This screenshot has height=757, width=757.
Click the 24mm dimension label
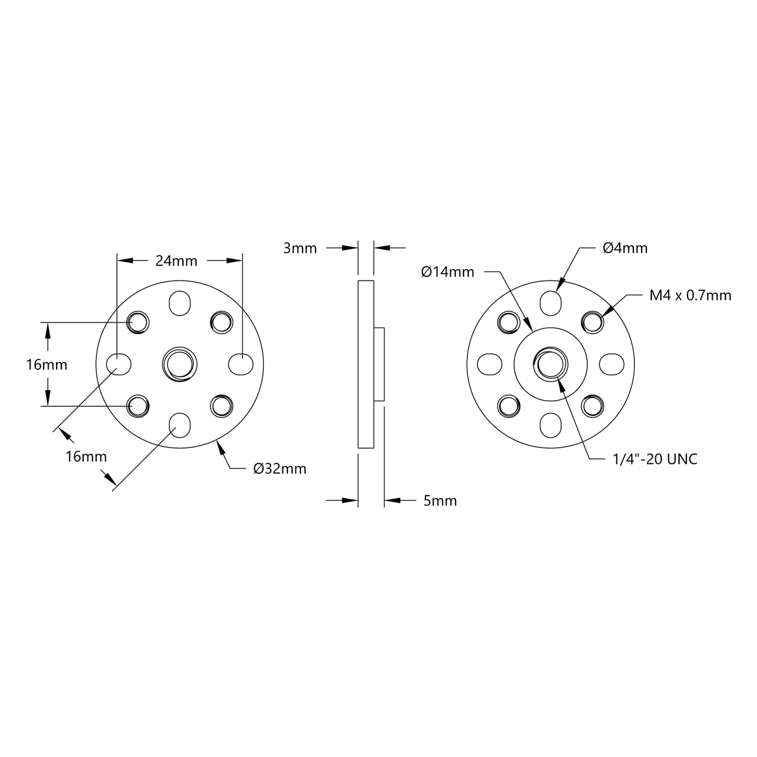coord(177,261)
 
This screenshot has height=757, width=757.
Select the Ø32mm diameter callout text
coord(280,469)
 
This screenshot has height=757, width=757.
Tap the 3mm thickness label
coord(300,248)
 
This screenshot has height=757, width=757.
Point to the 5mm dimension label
coord(440,501)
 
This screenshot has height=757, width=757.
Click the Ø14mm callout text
coord(447,272)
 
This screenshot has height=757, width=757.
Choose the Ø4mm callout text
coord(625,248)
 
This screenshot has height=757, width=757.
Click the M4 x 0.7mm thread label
coord(690,295)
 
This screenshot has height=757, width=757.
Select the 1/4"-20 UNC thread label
coord(655,459)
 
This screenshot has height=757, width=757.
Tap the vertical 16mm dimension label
coord(47,365)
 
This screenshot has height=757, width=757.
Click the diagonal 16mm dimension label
coord(86,456)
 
